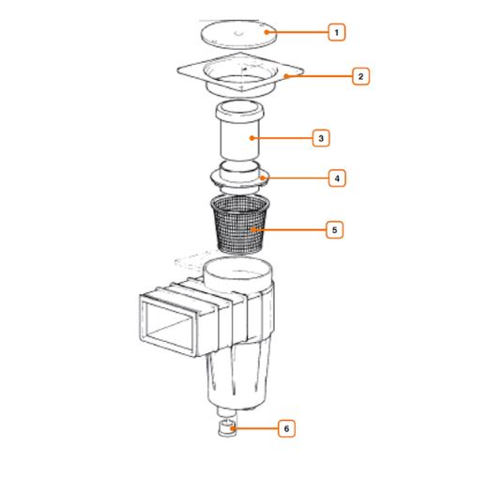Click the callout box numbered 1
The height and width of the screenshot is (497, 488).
(x=336, y=33)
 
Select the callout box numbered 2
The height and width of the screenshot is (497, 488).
(x=361, y=76)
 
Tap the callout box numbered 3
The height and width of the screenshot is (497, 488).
(x=321, y=138)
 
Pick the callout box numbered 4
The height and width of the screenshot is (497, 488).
(x=336, y=178)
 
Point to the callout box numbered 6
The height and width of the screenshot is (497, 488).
(x=287, y=428)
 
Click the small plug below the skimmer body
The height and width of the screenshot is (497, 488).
(x=226, y=430)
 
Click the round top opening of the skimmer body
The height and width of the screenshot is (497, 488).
(x=240, y=273)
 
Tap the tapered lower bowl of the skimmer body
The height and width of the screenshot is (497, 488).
(x=238, y=381)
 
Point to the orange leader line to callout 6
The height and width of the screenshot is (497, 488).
(x=255, y=428)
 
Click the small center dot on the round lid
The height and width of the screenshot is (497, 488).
(x=236, y=32)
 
